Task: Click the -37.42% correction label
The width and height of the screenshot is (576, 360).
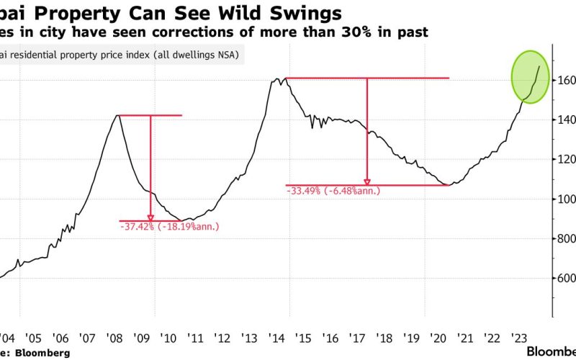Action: click(169, 227)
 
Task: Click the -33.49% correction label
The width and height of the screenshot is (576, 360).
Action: click(333, 191)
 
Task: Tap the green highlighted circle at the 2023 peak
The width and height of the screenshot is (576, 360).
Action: click(531, 76)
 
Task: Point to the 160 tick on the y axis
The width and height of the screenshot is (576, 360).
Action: click(567, 80)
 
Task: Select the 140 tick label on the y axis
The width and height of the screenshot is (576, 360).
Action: click(567, 120)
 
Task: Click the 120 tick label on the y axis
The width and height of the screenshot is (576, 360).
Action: click(567, 159)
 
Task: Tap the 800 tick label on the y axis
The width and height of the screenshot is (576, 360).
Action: click(567, 238)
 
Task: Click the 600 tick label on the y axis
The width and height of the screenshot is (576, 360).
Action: click(567, 278)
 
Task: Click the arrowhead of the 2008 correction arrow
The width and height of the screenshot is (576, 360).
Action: click(150, 217)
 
